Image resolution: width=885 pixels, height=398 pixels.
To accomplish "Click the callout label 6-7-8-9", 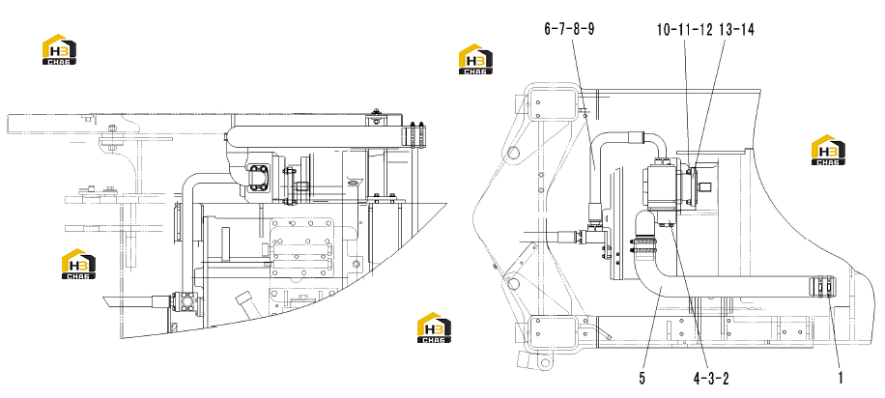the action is click(569, 29).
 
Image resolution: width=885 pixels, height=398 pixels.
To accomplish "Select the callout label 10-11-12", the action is click(685, 29).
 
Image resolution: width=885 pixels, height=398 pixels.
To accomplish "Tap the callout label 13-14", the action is click(737, 29).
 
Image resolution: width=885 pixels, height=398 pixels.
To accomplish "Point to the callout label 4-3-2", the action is click(711, 379).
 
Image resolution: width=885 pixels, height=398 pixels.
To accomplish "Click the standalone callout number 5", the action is click(642, 379).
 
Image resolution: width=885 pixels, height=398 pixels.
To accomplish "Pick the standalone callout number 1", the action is click(841, 379).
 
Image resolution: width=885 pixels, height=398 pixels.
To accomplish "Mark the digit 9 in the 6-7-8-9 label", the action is click(590, 29).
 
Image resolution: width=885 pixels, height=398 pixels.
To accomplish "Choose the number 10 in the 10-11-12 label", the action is click(664, 29).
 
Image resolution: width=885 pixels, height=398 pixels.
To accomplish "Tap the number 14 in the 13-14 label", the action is click(748, 29).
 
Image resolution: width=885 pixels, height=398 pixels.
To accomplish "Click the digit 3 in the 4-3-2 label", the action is click(711, 379).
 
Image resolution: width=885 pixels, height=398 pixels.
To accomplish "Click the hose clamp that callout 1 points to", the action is click(822, 286).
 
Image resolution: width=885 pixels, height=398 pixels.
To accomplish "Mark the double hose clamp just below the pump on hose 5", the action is click(643, 243).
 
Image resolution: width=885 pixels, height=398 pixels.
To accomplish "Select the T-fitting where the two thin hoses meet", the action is click(597, 233).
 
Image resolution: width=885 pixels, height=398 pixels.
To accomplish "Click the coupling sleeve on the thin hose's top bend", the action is click(635, 135).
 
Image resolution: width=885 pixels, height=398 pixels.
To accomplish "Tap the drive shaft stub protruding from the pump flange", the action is click(705, 186).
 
